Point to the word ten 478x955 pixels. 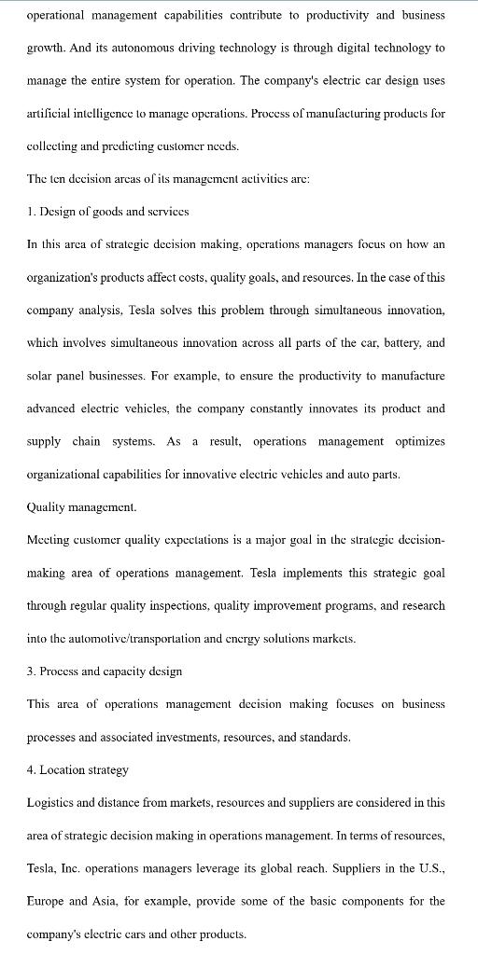(59, 178)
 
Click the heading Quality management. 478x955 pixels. (82, 506)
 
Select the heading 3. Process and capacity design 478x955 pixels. (105, 671)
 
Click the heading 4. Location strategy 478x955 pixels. (78, 769)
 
